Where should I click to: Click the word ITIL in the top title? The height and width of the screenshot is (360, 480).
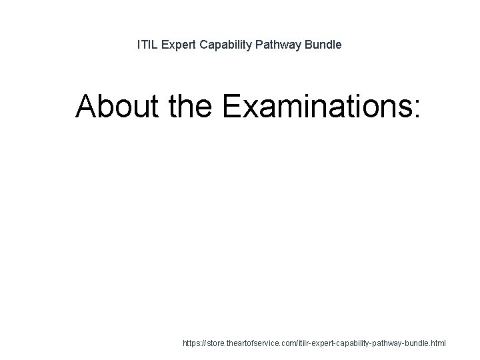click(x=147, y=45)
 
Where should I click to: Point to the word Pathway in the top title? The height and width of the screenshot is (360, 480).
click(x=278, y=45)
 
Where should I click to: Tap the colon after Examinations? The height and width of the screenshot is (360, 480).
click(x=417, y=109)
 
